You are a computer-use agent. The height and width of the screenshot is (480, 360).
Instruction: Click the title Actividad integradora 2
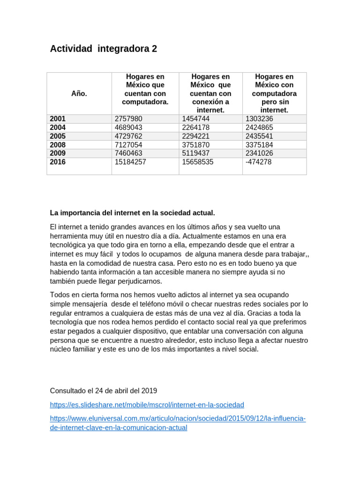(104, 49)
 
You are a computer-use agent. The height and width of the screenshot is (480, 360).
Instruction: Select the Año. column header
(79, 93)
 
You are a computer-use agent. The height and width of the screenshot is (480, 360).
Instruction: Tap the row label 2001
(58, 119)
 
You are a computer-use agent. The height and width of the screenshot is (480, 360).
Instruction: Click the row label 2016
(58, 162)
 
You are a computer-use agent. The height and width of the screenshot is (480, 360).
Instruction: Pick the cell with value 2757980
(128, 119)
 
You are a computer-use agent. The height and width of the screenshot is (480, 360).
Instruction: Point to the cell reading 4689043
(128, 127)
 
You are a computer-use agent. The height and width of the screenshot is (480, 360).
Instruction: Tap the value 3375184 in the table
(259, 145)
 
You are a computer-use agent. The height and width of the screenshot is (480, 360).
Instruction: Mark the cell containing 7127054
(128, 145)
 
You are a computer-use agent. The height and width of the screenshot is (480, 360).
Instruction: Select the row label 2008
(58, 145)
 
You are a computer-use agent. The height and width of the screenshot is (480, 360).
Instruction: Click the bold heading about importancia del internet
(132, 213)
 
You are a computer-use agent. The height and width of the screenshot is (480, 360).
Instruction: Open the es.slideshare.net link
(147, 405)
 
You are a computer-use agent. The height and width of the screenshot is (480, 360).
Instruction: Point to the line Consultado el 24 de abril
(104, 390)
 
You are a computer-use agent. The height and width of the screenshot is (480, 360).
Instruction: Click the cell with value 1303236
(259, 119)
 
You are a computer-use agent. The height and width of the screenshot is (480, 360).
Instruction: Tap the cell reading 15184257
(130, 162)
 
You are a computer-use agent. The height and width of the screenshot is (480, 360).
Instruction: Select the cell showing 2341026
(259, 153)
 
